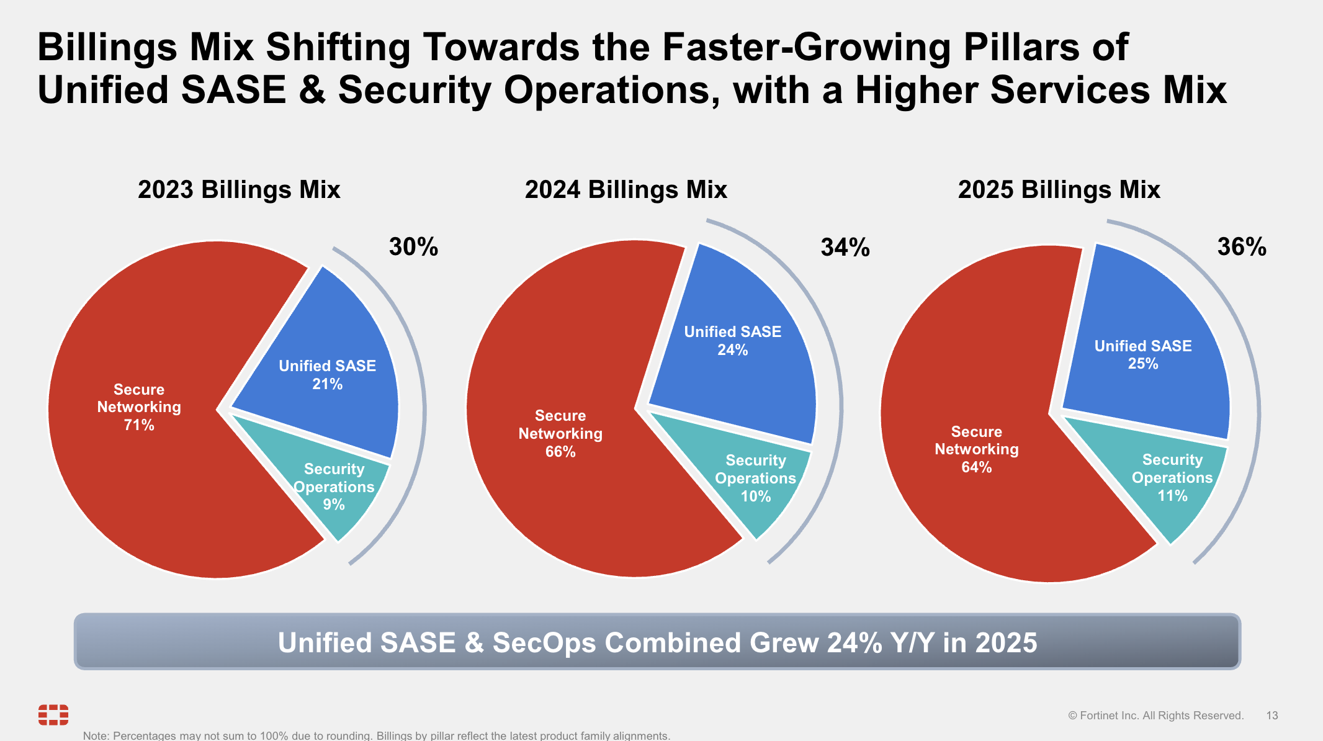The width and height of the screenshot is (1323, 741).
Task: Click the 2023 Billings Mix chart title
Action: (239, 190)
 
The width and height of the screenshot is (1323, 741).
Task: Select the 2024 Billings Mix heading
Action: (626, 190)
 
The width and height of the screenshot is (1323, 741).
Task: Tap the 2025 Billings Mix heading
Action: (1059, 190)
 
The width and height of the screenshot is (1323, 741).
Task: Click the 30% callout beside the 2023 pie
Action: (413, 247)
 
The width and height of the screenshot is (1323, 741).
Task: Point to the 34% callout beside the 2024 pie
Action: (845, 248)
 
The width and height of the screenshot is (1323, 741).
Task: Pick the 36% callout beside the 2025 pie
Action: (1241, 247)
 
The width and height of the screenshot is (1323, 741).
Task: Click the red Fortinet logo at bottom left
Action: (53, 715)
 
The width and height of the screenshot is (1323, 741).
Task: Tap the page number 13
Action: (1271, 716)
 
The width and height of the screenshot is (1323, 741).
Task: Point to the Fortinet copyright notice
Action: (1155, 716)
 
